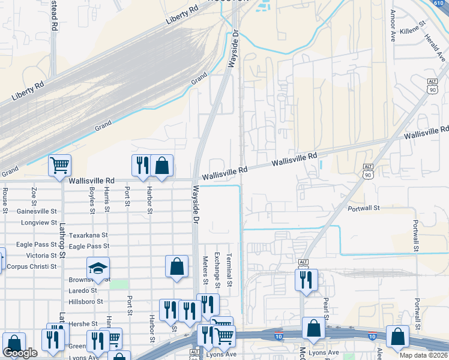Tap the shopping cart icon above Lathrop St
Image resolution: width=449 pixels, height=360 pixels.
[x=59, y=165]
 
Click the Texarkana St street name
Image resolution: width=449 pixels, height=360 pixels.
[x=88, y=235]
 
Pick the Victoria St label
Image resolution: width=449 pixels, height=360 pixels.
[x=46, y=256]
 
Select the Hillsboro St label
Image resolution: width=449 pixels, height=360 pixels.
[x=86, y=302]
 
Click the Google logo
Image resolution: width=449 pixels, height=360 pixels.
[x=20, y=353]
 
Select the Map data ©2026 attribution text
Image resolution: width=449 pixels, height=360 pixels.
[x=424, y=355]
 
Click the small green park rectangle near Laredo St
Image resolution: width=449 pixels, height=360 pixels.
[x=119, y=284]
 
